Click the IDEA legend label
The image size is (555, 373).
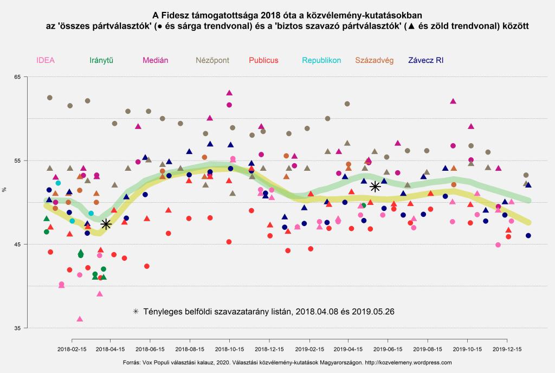(46, 60)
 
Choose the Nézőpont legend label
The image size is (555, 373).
(213, 60)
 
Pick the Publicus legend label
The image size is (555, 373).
(264, 60)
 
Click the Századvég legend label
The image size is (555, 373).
(374, 60)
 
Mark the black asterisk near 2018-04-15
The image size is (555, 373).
(106, 223)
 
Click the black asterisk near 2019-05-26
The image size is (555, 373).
(375, 186)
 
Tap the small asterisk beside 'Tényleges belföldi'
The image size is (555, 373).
(135, 312)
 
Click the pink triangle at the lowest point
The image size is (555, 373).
(80, 319)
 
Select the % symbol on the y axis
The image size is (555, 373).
(4, 189)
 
